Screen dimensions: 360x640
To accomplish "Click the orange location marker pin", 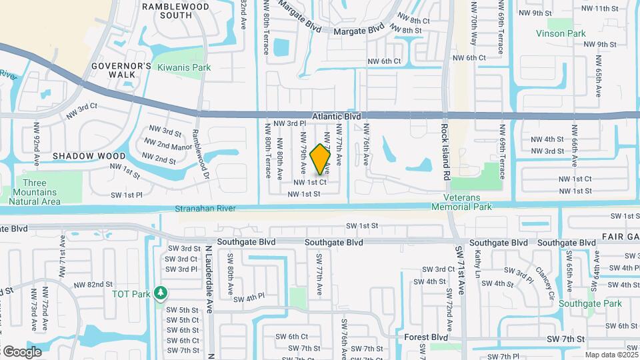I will click(x=321, y=159).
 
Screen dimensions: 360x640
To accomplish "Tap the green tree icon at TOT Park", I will click(x=160, y=293).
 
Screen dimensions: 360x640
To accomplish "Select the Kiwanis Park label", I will click(x=183, y=67).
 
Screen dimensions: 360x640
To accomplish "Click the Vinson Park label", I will click(x=560, y=33).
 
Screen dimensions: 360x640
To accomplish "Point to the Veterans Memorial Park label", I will click(x=468, y=202).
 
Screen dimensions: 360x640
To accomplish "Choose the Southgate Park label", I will click(x=590, y=303).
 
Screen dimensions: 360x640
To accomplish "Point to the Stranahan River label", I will click(x=205, y=209).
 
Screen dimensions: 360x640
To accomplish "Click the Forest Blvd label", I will click(x=425, y=337).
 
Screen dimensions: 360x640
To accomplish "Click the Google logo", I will click(x=22, y=351).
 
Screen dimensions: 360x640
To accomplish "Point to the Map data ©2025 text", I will click(x=611, y=355).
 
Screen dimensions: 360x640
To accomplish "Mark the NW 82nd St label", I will click(x=93, y=285).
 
